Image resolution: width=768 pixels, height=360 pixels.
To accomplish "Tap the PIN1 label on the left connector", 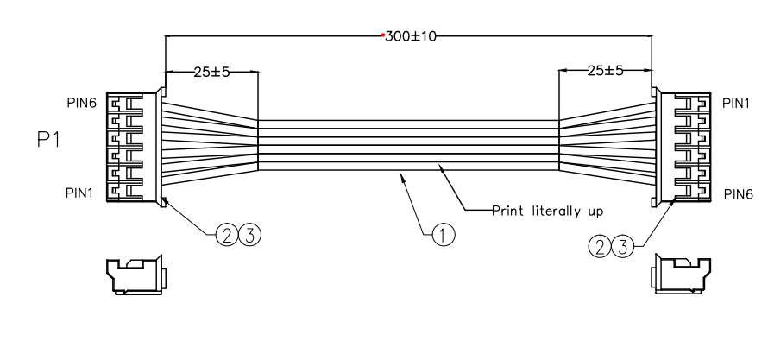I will click(81, 193).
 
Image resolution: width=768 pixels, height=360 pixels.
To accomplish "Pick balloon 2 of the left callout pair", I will click(225, 233).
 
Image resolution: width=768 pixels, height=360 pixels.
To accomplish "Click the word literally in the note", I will click(553, 210).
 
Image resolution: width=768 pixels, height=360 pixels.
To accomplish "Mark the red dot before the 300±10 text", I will click(383, 36).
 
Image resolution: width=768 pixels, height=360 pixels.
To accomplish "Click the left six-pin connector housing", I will click(134, 147).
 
